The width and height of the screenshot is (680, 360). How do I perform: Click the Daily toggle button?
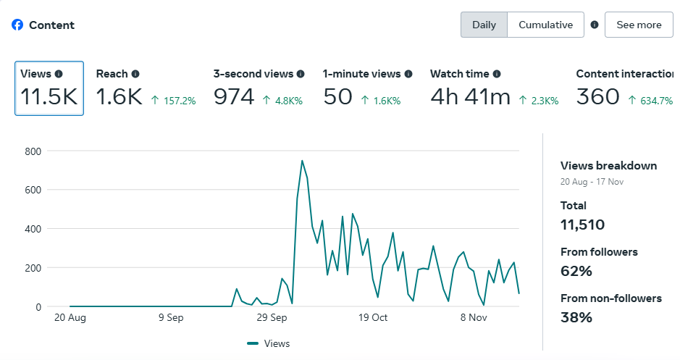tap(484, 25)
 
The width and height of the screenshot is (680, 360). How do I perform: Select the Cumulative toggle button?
tap(545, 25)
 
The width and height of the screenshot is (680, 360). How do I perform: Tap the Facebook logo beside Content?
tap(17, 25)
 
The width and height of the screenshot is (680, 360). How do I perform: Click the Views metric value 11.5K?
tap(49, 97)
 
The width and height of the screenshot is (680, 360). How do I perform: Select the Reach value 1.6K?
tap(119, 97)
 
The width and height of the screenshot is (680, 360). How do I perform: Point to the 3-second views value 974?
tap(234, 97)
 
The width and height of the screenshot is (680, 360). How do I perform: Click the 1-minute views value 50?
tap(337, 97)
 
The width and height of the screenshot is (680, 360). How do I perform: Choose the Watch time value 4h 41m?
tap(470, 97)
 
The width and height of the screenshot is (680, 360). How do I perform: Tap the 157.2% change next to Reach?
tap(173, 101)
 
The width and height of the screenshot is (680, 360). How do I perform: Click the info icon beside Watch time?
tap(497, 74)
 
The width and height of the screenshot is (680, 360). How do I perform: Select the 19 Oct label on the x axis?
tap(374, 317)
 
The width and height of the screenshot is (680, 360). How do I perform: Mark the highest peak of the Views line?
tap(302, 161)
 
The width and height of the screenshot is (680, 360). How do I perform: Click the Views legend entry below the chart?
tap(269, 343)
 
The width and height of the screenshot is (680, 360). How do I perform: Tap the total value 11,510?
tap(582, 225)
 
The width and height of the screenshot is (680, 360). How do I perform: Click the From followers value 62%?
tap(576, 271)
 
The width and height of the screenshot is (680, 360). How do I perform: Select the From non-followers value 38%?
tap(576, 317)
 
